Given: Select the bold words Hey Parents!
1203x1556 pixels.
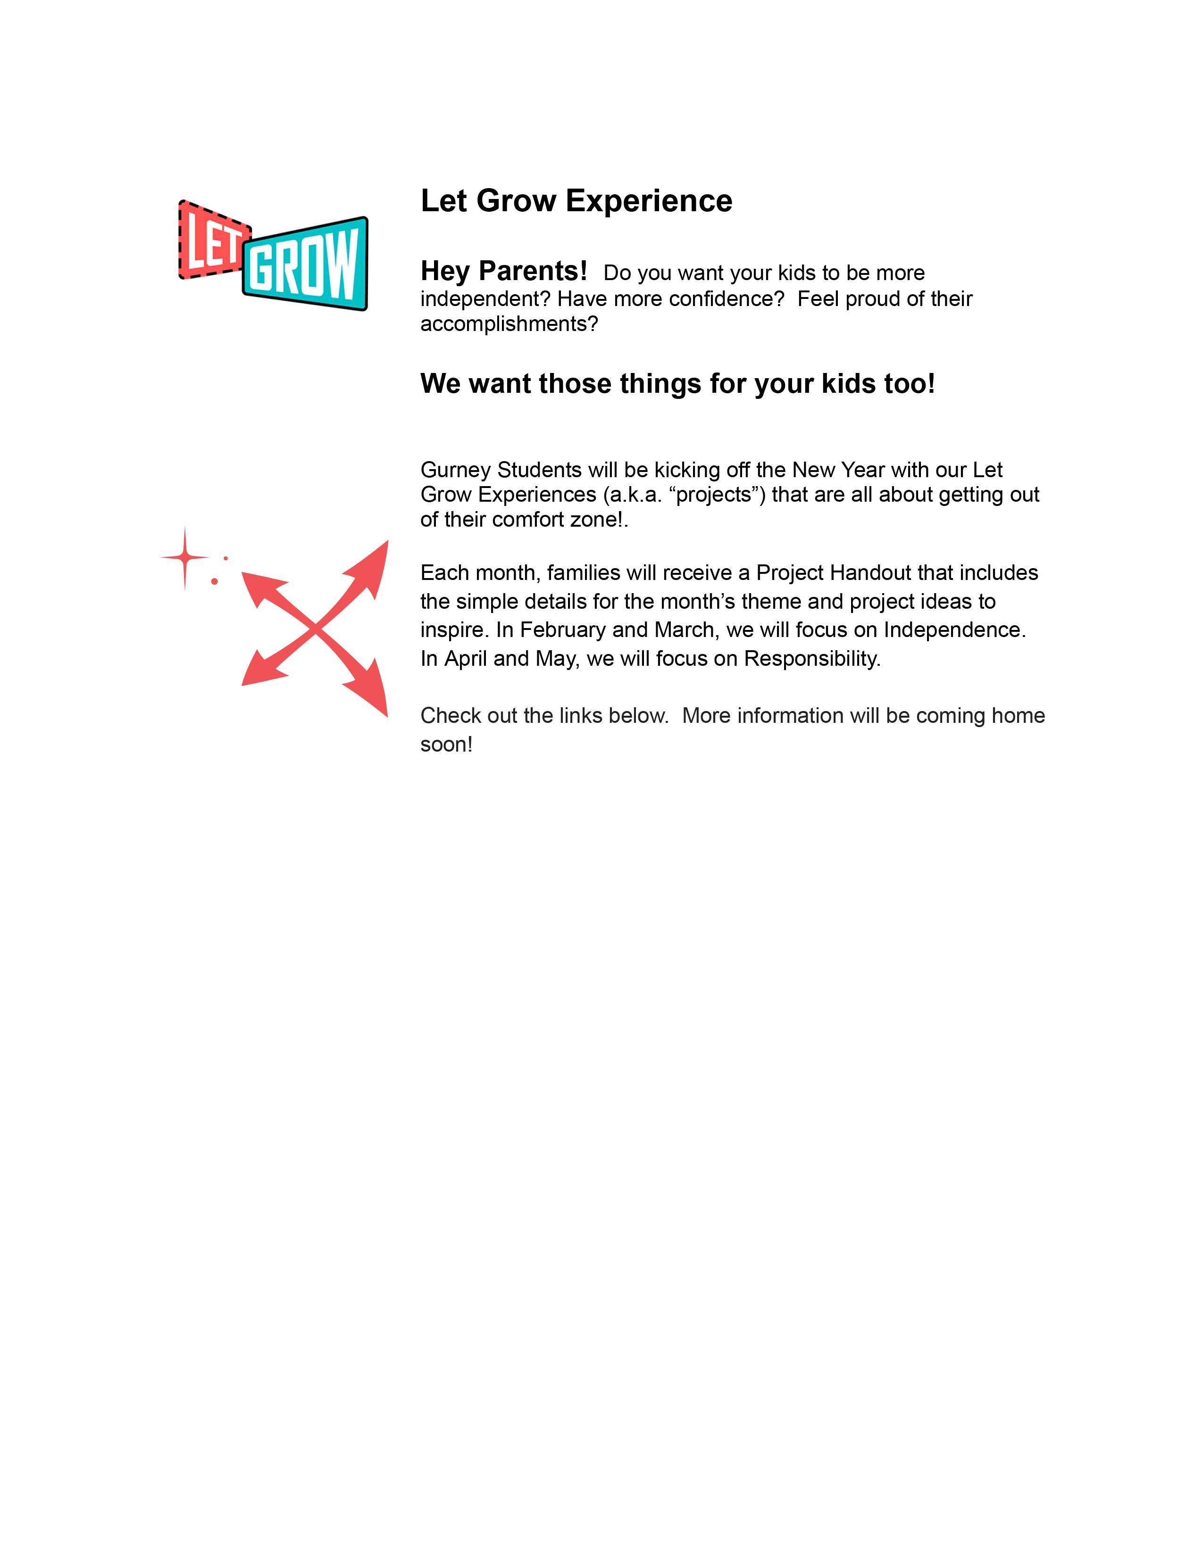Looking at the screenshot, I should click(503, 272).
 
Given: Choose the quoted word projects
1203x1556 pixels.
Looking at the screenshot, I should click(717, 495).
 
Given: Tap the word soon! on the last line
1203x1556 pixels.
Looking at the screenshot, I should click(446, 745).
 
